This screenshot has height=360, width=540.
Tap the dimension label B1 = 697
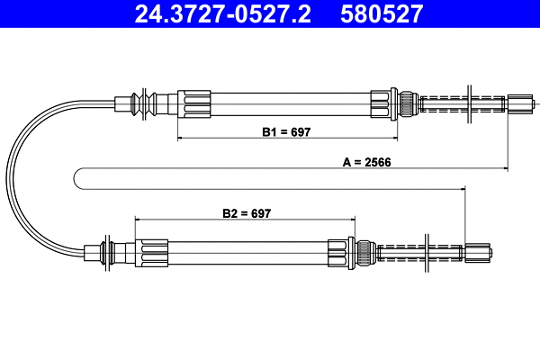pos(286,131)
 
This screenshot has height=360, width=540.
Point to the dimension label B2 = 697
pos(246,213)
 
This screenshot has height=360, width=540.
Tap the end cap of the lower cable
pos(480,251)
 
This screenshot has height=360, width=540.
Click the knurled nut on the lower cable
pos(364,251)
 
